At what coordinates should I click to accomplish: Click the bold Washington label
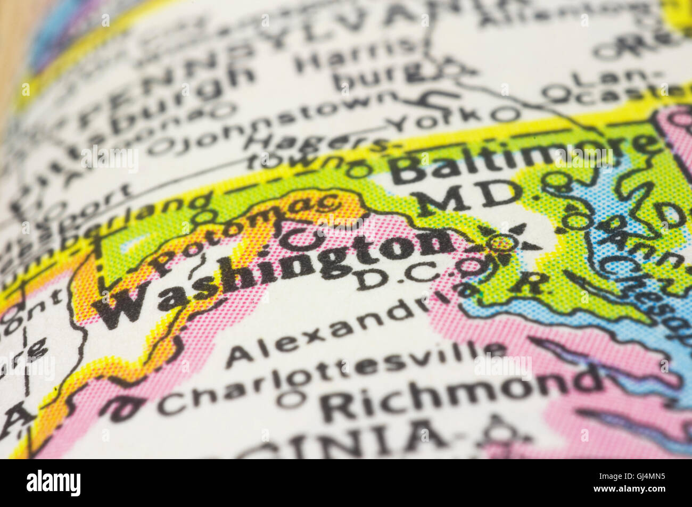coord(277,271)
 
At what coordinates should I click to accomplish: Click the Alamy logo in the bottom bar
coord(54,483)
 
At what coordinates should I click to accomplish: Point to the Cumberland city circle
coord(203,217)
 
